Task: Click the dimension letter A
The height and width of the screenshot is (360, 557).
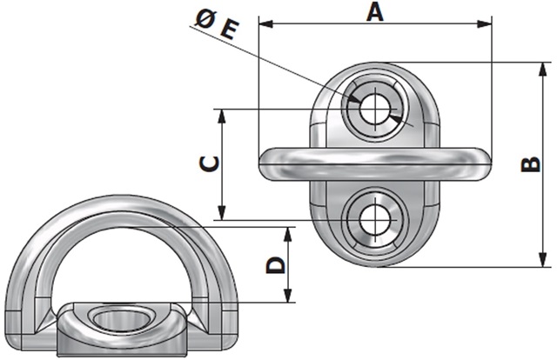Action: pyautogui.click(x=375, y=12)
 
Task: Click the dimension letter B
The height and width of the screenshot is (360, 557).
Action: pyautogui.click(x=530, y=164)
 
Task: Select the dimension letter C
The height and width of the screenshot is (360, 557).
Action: pyautogui.click(x=209, y=164)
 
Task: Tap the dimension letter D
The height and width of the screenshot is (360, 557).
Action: pyautogui.click(x=276, y=265)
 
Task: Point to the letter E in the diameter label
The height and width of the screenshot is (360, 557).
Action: pyautogui.click(x=229, y=30)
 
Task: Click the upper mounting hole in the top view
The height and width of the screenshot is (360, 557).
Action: pyautogui.click(x=374, y=109)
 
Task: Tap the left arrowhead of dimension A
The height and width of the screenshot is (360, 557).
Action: pyautogui.click(x=266, y=24)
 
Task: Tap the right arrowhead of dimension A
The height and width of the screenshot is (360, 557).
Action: pyautogui.click(x=485, y=24)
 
